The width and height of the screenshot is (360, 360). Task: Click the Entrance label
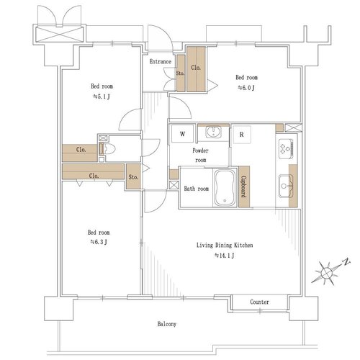(x=161, y=62)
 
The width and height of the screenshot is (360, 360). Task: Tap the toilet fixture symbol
(x=107, y=149)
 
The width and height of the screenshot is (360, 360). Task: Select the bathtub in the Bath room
(x=225, y=188)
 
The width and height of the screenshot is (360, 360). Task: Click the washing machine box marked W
(x=182, y=134)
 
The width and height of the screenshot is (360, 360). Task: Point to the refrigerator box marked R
(x=242, y=135)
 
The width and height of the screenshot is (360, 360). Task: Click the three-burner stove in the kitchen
(x=286, y=149)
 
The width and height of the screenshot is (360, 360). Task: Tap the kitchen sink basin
(x=286, y=186)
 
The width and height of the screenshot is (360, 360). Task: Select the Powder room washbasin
(x=213, y=132)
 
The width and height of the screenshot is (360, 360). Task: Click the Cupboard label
(x=244, y=186)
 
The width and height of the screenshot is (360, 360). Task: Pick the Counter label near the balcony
(x=259, y=302)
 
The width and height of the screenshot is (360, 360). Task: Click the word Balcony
(x=167, y=324)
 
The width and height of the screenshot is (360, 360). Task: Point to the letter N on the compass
(x=346, y=262)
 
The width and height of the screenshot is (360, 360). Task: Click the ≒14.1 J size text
(x=225, y=256)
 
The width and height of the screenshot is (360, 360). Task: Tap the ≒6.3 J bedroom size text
(x=99, y=242)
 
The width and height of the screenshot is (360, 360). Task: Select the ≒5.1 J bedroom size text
(x=102, y=96)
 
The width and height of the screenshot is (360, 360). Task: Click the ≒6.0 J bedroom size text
(x=246, y=88)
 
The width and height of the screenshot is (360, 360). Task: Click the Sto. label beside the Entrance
(x=181, y=73)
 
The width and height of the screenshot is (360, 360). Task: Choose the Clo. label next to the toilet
(x=81, y=150)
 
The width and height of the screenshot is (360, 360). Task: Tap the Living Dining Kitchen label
(x=225, y=246)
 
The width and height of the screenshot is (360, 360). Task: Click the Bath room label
(x=197, y=189)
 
